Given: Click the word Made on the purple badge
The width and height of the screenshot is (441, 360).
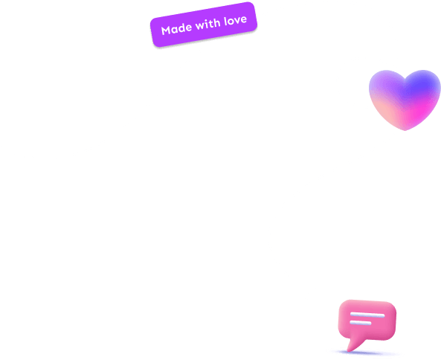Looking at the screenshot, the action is tap(177, 28).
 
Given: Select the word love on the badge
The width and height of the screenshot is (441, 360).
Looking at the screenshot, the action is tap(236, 20).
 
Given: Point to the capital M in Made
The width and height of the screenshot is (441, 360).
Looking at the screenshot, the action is tap(166, 30).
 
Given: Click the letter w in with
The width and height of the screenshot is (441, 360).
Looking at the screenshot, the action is tap(200, 26).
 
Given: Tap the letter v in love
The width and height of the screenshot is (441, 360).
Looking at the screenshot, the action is tap(237, 21).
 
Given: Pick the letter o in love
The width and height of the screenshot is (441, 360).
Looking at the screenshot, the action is tap(231, 22).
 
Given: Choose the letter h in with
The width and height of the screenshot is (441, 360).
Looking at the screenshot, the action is tap(217, 23).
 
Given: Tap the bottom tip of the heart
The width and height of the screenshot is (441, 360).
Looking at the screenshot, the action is tap(405, 130).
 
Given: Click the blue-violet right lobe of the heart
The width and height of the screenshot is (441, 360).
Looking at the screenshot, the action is tap(422, 87).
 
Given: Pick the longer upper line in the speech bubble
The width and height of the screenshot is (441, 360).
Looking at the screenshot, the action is tap(367, 315).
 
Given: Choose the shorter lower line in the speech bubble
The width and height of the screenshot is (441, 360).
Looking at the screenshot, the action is tap(361, 323).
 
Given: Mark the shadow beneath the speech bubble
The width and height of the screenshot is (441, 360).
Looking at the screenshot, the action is tap(366, 353).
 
